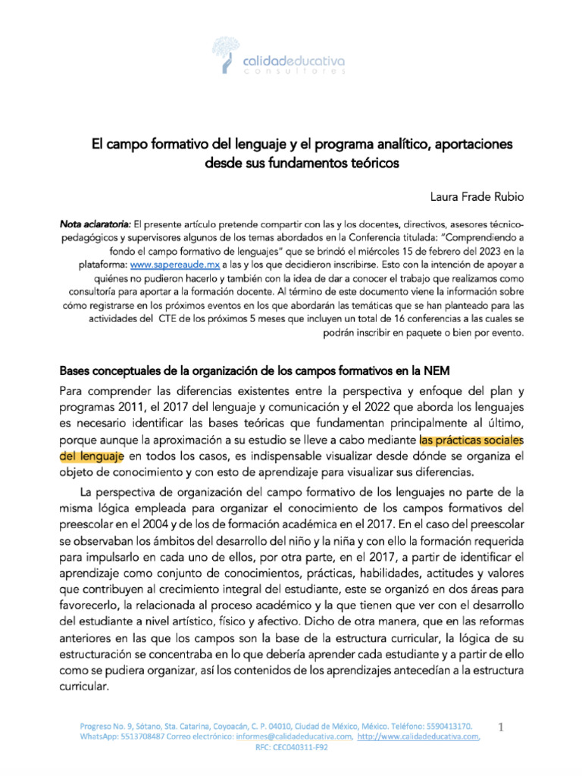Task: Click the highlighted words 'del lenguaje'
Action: pyautogui.click(x=92, y=456)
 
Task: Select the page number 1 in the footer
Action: pyautogui.click(x=500, y=727)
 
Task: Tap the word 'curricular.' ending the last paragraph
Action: pyautogui.click(x=85, y=688)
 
